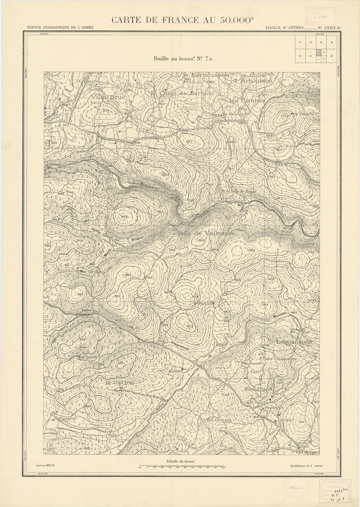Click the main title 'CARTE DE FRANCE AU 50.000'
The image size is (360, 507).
pos(182,20)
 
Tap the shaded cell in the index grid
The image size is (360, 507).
pos(319,53)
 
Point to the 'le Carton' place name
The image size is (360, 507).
pos(119,382)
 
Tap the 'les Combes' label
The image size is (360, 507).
pos(247,100)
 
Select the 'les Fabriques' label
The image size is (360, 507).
pos(307,452)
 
